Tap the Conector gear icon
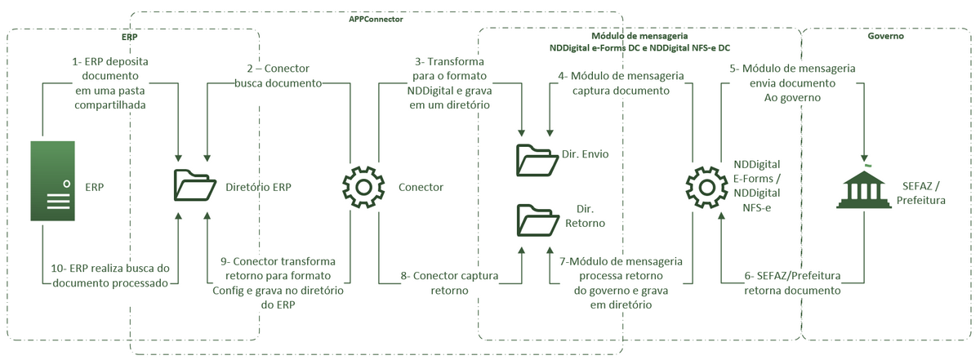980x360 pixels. (x=360, y=187)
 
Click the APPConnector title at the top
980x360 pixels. (x=376, y=18)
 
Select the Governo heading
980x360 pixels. (x=885, y=37)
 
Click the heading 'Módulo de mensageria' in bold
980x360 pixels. (x=639, y=37)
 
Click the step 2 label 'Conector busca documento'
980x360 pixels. (x=278, y=76)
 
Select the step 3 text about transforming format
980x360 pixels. (x=448, y=82)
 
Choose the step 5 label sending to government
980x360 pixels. (x=791, y=82)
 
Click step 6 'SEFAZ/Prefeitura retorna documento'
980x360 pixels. (x=792, y=283)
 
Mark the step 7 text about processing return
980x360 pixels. (x=621, y=282)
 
